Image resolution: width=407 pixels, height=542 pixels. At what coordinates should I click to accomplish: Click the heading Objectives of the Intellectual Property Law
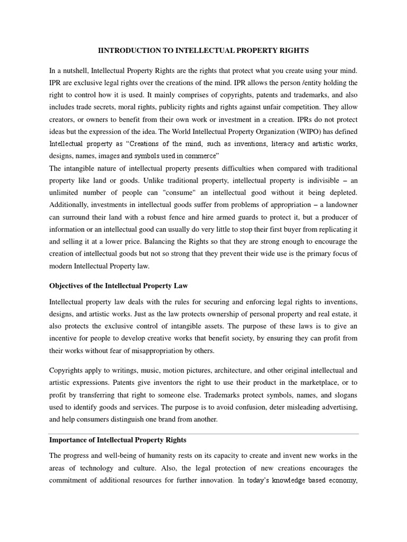click(119, 285)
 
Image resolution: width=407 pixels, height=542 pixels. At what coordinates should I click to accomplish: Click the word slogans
click(344, 394)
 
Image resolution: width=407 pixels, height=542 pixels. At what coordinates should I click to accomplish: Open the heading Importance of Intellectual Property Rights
click(118, 440)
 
